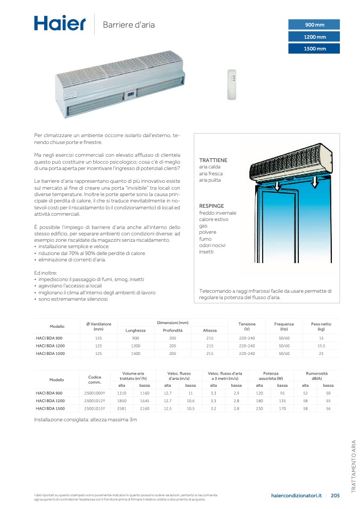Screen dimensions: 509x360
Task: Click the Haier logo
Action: click(60, 23)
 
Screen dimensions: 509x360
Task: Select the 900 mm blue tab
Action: click(314, 25)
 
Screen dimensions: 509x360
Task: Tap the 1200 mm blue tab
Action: click(314, 37)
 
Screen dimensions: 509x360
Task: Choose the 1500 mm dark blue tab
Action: click(314, 49)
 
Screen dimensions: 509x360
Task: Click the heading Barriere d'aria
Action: click(129, 25)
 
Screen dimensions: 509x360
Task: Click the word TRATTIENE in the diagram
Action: click(213, 160)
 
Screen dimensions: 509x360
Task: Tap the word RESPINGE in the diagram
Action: click(212, 206)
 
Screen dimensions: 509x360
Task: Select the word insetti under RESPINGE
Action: click(206, 251)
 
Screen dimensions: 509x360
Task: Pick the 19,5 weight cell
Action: click(321, 345)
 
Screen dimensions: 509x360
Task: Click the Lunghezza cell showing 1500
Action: click(136, 353)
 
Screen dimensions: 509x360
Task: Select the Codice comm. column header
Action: click(95, 379)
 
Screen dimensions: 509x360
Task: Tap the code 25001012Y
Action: click(95, 401)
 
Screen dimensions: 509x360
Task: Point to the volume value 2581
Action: click(122, 408)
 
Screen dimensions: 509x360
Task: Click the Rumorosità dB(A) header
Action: click(317, 376)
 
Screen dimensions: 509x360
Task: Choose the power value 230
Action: click(259, 408)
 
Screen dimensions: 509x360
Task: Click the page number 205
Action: click(335, 496)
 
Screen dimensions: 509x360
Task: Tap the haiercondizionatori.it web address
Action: click(296, 496)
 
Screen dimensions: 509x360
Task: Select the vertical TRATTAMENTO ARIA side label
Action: click(353, 466)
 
